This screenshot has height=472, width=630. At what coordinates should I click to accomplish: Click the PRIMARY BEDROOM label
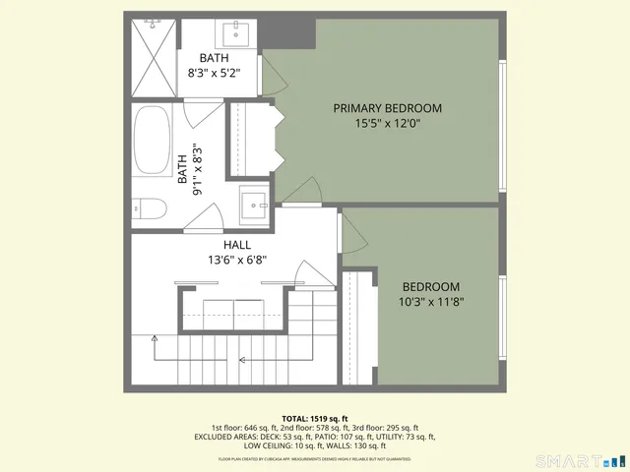[387, 108]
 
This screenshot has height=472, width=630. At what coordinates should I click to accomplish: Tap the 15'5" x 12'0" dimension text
[387, 124]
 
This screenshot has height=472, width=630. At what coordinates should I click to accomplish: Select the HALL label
[236, 245]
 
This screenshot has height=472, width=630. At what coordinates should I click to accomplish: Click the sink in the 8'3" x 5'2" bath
[237, 35]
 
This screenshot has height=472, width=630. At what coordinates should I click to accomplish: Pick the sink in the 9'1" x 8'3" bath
[258, 205]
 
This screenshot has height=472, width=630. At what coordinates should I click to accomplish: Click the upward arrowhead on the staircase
[154, 339]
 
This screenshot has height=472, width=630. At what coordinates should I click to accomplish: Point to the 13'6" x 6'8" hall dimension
[236, 261]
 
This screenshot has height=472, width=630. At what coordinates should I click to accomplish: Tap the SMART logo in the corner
[576, 460]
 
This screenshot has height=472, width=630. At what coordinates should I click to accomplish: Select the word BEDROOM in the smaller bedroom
[431, 287]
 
